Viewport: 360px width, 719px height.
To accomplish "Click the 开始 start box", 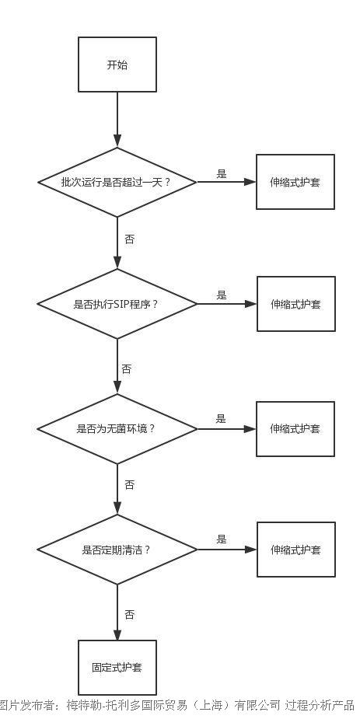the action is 117,65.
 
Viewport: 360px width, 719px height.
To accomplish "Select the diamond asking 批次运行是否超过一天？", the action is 117,182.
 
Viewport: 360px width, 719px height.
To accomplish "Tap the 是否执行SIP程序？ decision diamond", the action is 117,304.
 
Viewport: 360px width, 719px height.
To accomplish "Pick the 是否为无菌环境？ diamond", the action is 117,429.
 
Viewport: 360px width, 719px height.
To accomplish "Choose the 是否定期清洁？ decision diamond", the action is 117,550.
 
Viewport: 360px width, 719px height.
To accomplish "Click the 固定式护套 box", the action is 117,667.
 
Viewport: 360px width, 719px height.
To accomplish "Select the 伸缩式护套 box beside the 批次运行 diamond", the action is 295,182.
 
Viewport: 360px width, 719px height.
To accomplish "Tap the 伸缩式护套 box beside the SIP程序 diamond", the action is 295,304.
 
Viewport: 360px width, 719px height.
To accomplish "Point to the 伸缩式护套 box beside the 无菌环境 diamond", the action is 295,429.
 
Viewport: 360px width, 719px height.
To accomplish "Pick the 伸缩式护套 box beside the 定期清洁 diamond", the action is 295,550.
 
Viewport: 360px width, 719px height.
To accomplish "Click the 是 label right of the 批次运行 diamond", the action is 222,174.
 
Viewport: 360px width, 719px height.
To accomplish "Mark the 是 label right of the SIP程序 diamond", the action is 222,295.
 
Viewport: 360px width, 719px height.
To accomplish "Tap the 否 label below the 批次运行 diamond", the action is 130,239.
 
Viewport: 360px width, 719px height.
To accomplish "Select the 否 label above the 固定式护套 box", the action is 130,614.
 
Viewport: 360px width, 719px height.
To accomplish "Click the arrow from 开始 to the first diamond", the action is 117,120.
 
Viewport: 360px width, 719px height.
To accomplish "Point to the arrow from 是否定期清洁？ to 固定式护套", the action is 117,613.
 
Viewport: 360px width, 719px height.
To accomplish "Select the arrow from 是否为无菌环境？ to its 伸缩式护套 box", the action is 226,429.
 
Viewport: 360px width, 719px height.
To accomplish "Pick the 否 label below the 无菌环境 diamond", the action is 130,485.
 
